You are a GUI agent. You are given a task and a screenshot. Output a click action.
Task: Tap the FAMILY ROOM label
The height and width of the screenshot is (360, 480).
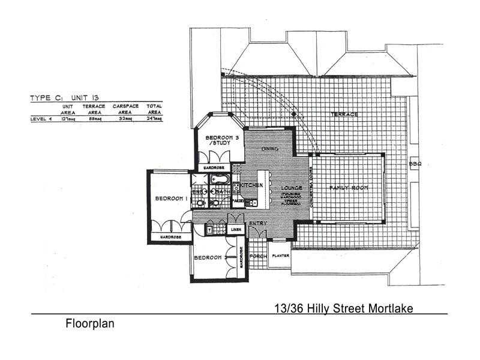(x=348, y=188)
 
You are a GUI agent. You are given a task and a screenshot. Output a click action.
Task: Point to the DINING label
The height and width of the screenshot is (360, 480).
(x=270, y=149)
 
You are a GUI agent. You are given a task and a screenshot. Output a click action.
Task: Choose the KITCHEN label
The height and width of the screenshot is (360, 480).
(x=252, y=185)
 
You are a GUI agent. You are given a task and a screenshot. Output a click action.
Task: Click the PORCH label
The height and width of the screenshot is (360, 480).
(x=258, y=256)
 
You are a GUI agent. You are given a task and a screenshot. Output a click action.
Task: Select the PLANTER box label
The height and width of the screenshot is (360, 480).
(x=280, y=256)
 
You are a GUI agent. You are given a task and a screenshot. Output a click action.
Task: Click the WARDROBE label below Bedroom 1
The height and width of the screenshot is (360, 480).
(x=170, y=238)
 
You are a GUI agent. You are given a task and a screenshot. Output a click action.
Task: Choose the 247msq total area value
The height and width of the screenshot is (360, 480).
(x=155, y=119)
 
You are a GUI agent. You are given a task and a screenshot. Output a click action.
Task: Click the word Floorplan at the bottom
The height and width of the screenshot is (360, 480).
(x=89, y=324)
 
